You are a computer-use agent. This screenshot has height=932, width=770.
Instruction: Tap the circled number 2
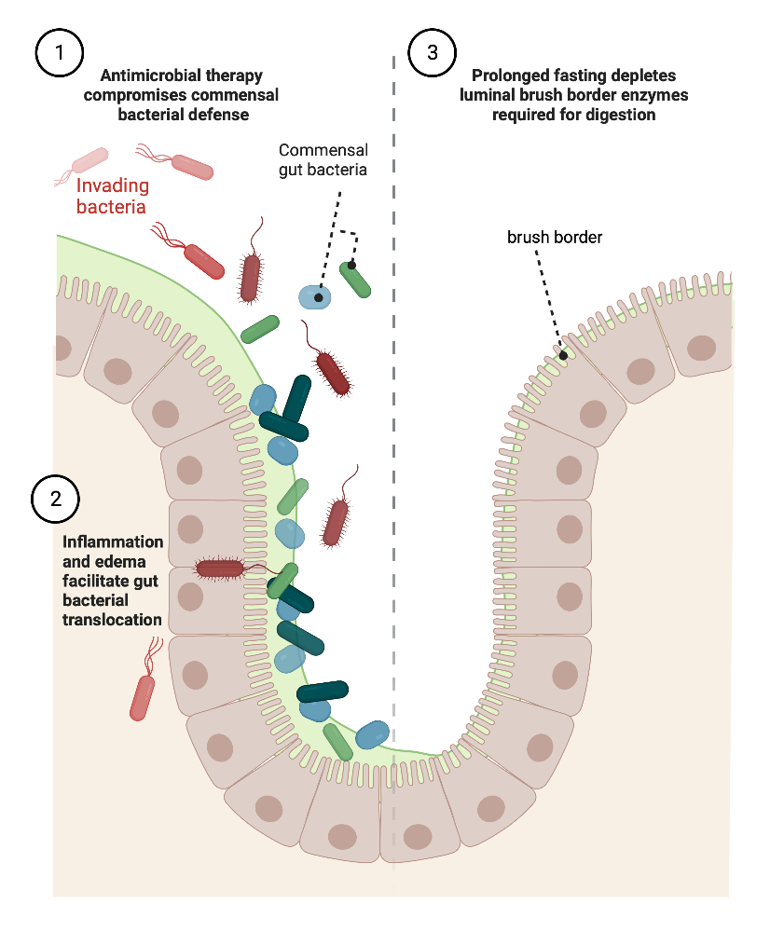pos(56,498)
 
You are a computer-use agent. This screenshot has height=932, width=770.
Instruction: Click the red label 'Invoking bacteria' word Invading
pos(111,186)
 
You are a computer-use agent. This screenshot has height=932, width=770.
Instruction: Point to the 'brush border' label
pos(554,238)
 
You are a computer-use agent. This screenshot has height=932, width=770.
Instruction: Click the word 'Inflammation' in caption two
pos(112,541)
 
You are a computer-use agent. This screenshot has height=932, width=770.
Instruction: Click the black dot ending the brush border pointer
pos(563,355)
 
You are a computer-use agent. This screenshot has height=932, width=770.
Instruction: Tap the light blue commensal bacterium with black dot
pos(316,297)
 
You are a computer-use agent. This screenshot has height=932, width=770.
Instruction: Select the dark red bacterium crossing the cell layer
pos(221,568)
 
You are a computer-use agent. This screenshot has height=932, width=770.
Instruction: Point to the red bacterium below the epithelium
pos(144,694)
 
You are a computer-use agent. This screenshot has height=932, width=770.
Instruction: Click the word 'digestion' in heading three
pos(625,115)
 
